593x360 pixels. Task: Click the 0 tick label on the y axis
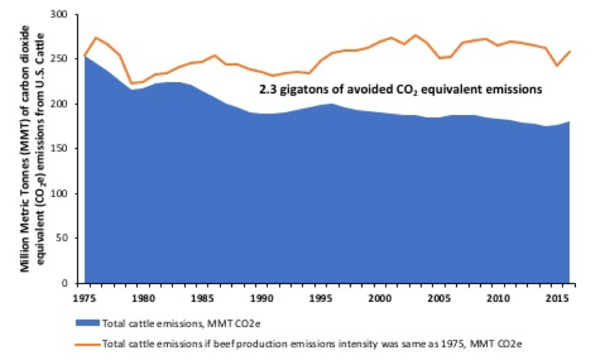tap(69, 283)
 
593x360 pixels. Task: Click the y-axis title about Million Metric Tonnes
tap(30, 149)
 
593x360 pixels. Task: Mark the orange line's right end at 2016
tap(569, 51)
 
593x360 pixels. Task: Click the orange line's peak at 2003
tap(415, 35)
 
